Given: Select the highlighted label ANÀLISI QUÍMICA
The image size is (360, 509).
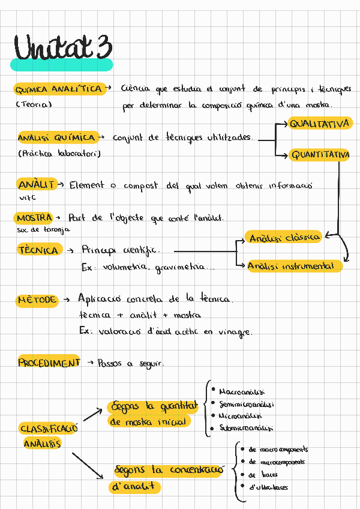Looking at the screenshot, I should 57,137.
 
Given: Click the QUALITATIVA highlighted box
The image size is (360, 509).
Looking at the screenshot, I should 320,124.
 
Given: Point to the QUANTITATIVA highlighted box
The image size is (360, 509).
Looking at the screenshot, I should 320,155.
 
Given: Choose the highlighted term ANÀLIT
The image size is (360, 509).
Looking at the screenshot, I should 37,185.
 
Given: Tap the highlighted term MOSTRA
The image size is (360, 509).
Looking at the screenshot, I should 35,217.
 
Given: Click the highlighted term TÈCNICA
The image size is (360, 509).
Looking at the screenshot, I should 39,250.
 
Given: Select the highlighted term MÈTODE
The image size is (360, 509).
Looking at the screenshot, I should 37,299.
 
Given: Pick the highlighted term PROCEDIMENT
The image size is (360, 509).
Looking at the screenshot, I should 49,363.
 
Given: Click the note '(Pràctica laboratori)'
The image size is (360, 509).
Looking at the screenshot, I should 59,154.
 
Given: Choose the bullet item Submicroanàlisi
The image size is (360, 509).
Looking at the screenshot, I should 246,429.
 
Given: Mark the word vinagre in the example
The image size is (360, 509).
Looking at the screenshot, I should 236,332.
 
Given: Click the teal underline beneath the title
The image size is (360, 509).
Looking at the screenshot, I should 61,65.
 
